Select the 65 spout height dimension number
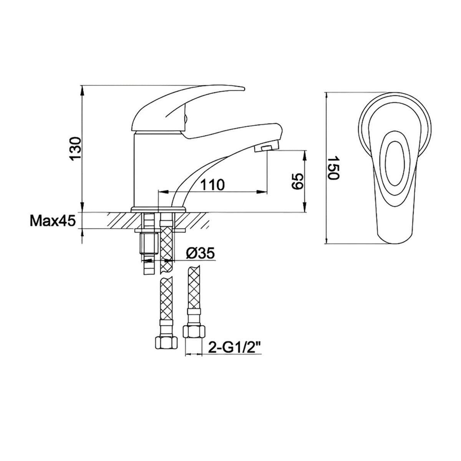coord(296,181)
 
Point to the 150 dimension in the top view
coord(333,168)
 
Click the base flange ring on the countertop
coord(158,210)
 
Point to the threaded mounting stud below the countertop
coord(148,246)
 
